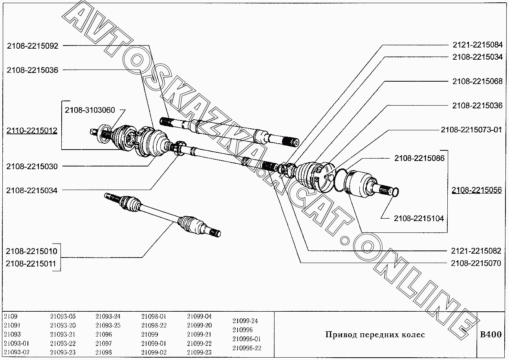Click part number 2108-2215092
pos(33,46)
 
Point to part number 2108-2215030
pos(32,166)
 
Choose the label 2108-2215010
pos(31,251)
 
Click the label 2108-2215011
pos(31,263)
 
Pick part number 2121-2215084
pos(477,45)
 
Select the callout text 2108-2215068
pos(477,81)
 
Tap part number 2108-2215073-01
pos(471,130)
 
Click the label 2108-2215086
pos(419,159)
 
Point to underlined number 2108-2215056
pos(477,190)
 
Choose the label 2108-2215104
pos(419,218)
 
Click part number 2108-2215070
pos(476,263)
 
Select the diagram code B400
pos(491,334)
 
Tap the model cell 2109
pos(11,316)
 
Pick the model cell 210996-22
pos(247,348)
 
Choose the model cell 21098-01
pos(154,316)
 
